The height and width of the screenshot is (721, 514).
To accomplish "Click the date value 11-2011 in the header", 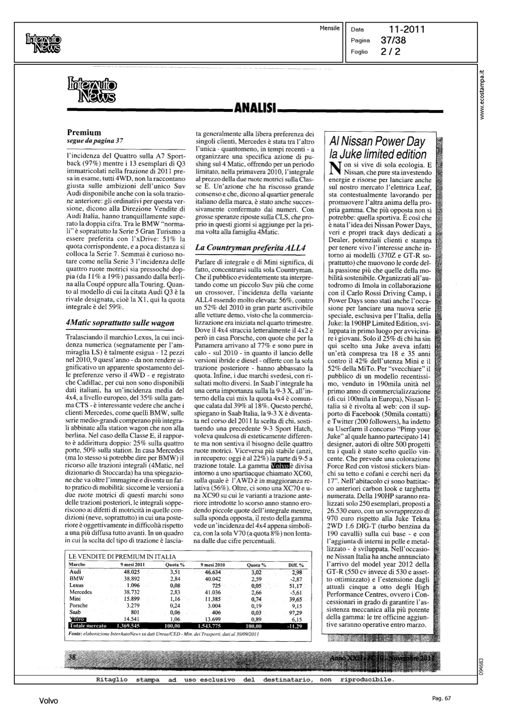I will click(407, 30).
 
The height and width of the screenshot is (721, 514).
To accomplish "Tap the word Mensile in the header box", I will click(329, 28).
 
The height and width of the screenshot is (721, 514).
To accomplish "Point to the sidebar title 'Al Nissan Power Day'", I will click(377, 141).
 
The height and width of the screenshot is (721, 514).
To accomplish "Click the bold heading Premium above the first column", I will click(84, 132).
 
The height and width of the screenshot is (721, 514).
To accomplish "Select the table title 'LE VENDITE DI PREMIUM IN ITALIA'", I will click(122, 557).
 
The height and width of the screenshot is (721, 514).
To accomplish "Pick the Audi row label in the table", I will click(75, 572).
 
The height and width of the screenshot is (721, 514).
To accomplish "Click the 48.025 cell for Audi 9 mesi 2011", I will click(131, 572).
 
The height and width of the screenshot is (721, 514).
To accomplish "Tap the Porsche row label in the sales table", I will click(79, 606).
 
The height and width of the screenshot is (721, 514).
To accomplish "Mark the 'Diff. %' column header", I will click(296, 565).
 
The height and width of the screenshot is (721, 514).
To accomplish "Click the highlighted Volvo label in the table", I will click(77, 619).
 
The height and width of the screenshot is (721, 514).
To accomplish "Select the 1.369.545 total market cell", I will click(128, 626).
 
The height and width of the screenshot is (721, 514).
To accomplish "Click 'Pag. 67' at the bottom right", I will click(441, 698).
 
